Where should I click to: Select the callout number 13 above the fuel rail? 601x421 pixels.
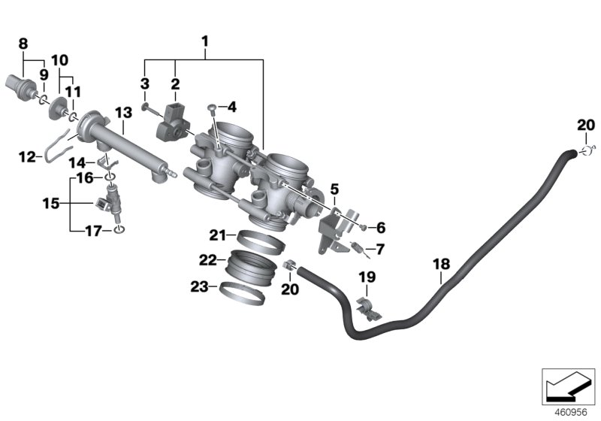coord(123,112)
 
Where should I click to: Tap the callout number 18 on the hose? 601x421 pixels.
coord(441,263)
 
